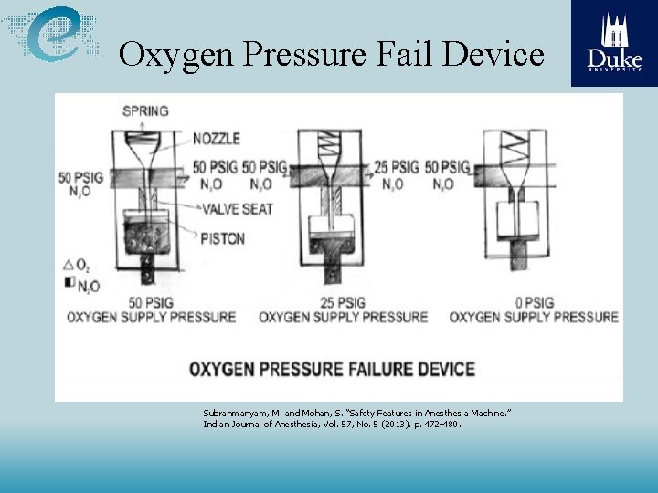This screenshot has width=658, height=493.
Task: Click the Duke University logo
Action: point(614,43)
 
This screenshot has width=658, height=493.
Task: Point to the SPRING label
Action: point(145,111)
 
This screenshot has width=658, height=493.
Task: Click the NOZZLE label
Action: point(217,139)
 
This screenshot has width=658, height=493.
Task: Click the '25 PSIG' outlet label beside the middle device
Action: point(396,167)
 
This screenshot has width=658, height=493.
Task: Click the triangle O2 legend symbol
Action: point(69,265)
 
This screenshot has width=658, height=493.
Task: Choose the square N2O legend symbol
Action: point(69,283)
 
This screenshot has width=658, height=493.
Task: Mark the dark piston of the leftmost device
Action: point(145,235)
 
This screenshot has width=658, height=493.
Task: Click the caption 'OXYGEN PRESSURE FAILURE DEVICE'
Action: point(332,370)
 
